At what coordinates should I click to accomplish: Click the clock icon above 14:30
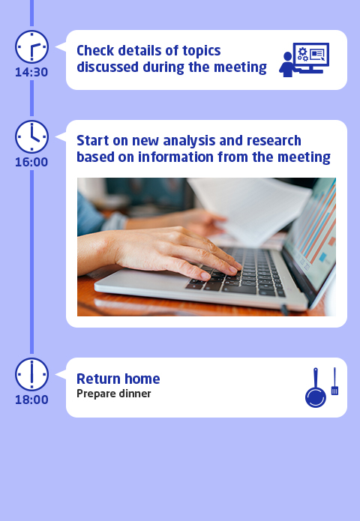point(32,46)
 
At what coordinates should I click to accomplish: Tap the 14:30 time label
point(31,72)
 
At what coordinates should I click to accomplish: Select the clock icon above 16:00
point(32,137)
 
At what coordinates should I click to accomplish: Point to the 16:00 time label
point(31,162)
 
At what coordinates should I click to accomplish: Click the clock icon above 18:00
point(32,375)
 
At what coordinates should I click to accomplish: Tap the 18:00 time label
point(31,400)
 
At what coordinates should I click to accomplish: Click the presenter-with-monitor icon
point(304,60)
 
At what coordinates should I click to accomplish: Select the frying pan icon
point(316,388)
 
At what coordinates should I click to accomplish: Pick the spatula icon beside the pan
point(334,381)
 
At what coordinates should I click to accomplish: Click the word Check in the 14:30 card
point(95,50)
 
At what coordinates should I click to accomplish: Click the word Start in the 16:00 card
point(93,140)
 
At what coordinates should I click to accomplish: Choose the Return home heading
point(118,379)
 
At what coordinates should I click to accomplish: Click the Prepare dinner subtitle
point(114,394)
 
